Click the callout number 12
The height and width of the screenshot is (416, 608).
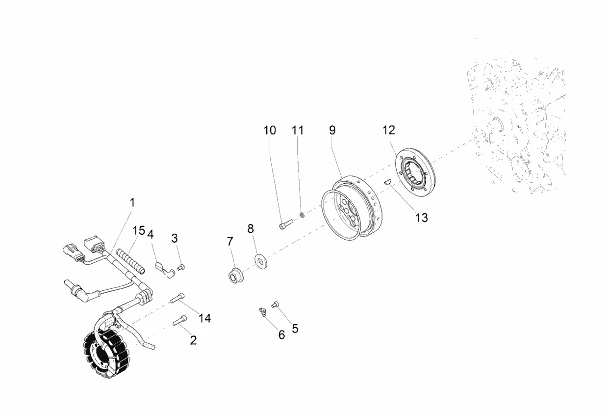click(x=388, y=130)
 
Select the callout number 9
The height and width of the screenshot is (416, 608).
click(x=332, y=130)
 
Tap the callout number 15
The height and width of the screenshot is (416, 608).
click(x=138, y=230)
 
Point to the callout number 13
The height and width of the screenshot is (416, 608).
click(x=422, y=218)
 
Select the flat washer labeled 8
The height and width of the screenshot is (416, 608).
click(x=261, y=261)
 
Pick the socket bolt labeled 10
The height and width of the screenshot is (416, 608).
click(x=286, y=224)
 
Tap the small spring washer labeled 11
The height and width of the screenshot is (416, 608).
click(x=302, y=215)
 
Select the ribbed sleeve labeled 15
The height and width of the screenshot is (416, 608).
click(x=130, y=261)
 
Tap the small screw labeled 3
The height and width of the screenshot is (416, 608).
click(x=181, y=267)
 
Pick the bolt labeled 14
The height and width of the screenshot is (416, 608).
click(x=177, y=298)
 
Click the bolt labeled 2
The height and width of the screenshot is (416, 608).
click(x=179, y=320)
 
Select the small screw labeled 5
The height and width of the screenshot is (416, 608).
click(x=275, y=305)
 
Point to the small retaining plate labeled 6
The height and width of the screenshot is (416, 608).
click(x=263, y=312)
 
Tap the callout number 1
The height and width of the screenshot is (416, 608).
click(x=132, y=202)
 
